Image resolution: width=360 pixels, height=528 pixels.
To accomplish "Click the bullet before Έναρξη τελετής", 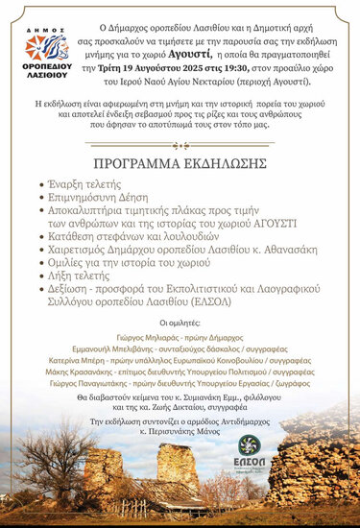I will (39, 181).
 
